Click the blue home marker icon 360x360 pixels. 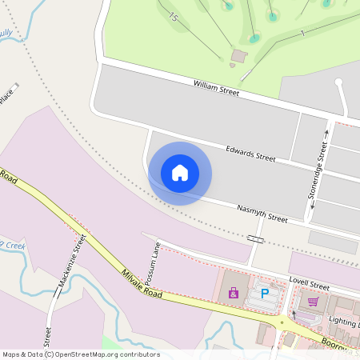pos(180,173)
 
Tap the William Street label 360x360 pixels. pos(216,88)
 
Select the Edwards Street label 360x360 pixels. pos(250,153)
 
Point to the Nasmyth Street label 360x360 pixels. pos(262,213)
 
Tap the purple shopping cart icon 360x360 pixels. pos(313,302)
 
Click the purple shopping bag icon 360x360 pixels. pos(234,294)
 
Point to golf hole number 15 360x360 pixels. pos(172,17)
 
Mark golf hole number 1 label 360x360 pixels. pos(302,32)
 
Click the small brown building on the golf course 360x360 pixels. pos(238,55)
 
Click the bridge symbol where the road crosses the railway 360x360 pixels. pos(256,238)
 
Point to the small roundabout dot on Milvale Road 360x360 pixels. pos(281,322)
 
